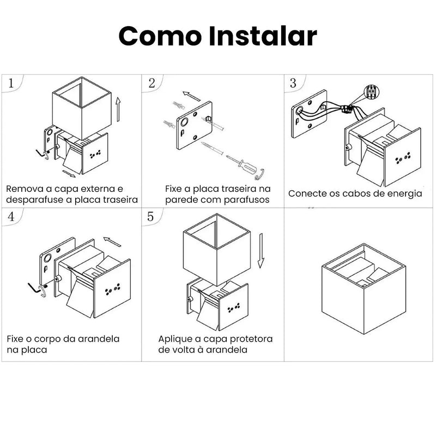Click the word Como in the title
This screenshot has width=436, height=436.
point(160,36)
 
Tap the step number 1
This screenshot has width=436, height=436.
point(11,83)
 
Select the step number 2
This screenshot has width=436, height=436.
point(152,83)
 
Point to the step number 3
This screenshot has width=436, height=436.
point(293,83)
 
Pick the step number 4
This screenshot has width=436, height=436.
point(11,216)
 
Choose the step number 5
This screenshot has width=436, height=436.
point(150,216)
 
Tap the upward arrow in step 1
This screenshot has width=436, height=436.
point(118,110)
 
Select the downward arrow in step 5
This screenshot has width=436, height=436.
point(261,251)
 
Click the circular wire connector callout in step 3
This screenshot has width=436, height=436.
point(372,92)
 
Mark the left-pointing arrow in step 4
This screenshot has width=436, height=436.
point(112,241)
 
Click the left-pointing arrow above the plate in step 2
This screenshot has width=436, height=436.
point(191,96)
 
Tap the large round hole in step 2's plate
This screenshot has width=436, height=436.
point(184,122)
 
